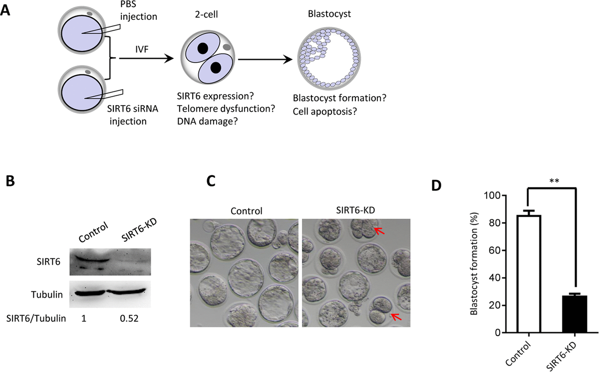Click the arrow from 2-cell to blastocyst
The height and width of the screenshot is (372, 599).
tap(265, 59)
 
